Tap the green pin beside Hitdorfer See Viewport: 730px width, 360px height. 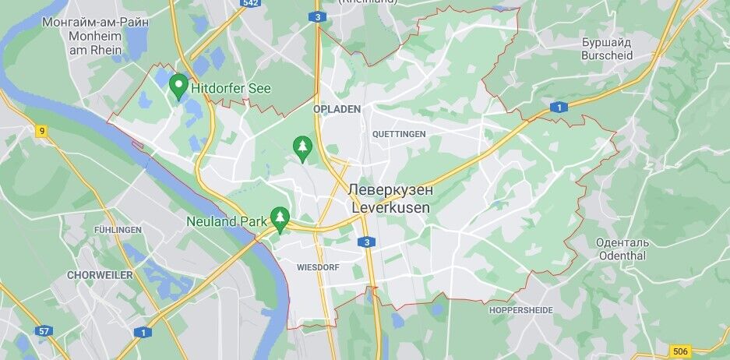pyautogui.click(x=178, y=85)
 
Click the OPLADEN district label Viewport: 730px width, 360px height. pyautogui.click(x=337, y=110)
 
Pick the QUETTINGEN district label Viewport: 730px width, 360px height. pyautogui.click(x=399, y=134)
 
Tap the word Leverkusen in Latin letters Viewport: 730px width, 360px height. pyautogui.click(x=390, y=209)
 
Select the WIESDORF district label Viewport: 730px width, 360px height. pyautogui.click(x=318, y=266)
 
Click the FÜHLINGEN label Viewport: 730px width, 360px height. pyautogui.click(x=118, y=230)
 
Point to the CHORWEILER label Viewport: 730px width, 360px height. pyautogui.click(x=100, y=275)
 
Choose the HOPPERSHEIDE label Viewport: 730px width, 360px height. pyautogui.click(x=521, y=310)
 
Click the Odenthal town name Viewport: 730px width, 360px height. pyautogui.click(x=622, y=256)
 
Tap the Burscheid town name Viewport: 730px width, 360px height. pyautogui.click(x=606, y=55)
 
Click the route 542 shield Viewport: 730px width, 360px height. pyautogui.click(x=251, y=3)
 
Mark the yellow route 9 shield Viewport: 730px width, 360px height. pyautogui.click(x=41, y=131)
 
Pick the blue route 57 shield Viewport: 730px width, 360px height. pyautogui.click(x=44, y=332)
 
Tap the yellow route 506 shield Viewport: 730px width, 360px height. pyautogui.click(x=680, y=351)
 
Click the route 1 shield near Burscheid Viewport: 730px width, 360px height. pyautogui.click(x=558, y=108)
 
